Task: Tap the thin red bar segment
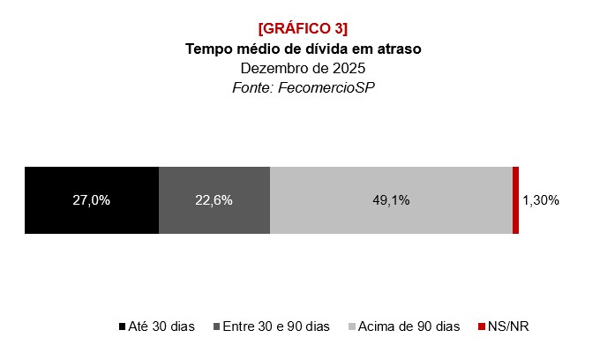515,200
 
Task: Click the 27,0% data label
92,200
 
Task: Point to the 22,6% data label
214,200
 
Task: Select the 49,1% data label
391,200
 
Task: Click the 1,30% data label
541,200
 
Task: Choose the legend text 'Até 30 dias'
161,326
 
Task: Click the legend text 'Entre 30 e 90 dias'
276,326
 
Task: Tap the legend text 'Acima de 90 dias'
409,326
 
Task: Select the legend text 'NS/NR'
508,326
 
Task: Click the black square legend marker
122,327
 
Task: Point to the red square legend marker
481,327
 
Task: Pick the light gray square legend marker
352,327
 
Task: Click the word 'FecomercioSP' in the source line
339,87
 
